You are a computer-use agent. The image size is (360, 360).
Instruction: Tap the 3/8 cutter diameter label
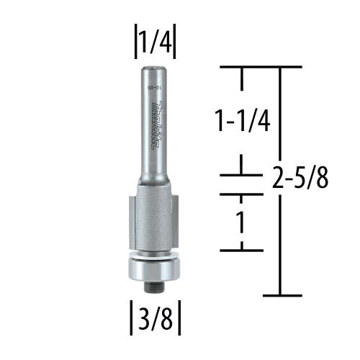pos(154,318)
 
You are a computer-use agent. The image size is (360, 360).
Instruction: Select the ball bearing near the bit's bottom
pos(153,271)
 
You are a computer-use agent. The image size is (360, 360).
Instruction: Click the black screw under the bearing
pos(153,287)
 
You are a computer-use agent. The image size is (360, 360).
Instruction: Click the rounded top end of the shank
pos(153,68)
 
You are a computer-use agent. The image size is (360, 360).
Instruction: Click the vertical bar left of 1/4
pos(134,43)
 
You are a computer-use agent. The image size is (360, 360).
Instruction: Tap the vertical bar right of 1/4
pos(175,43)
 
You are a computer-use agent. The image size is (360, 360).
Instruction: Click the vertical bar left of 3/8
pos(130,318)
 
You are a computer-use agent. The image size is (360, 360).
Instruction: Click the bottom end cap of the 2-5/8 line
pos(281,295)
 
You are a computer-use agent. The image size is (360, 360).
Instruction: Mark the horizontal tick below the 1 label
pos(242,250)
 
